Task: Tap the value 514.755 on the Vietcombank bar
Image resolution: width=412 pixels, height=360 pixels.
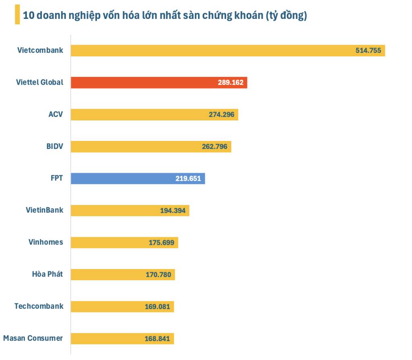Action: point(368,51)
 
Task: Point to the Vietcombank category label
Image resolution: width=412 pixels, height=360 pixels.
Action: point(40,50)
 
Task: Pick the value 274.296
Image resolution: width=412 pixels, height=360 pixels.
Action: point(221,115)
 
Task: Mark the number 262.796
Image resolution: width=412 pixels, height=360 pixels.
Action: point(214,147)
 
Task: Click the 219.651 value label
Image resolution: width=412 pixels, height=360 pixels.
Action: point(188,178)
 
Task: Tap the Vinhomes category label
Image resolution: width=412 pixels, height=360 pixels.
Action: point(46,242)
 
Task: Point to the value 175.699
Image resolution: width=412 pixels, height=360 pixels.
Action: point(161,243)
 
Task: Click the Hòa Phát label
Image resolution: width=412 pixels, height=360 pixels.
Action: point(47,274)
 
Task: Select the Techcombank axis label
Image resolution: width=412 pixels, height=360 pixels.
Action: point(39,306)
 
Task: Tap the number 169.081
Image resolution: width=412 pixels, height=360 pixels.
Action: point(157,307)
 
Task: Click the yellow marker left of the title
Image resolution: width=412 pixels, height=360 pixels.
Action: point(17,15)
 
